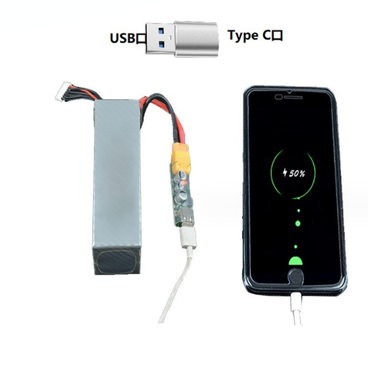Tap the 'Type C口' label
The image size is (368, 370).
coord(255,36)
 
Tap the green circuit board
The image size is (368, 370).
coord(181,190)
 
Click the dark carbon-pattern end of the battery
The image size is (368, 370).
coord(117,261)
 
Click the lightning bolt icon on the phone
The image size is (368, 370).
coord(285,173)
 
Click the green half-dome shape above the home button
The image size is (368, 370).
coord(296,261)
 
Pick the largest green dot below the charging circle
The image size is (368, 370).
coord(298,223)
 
